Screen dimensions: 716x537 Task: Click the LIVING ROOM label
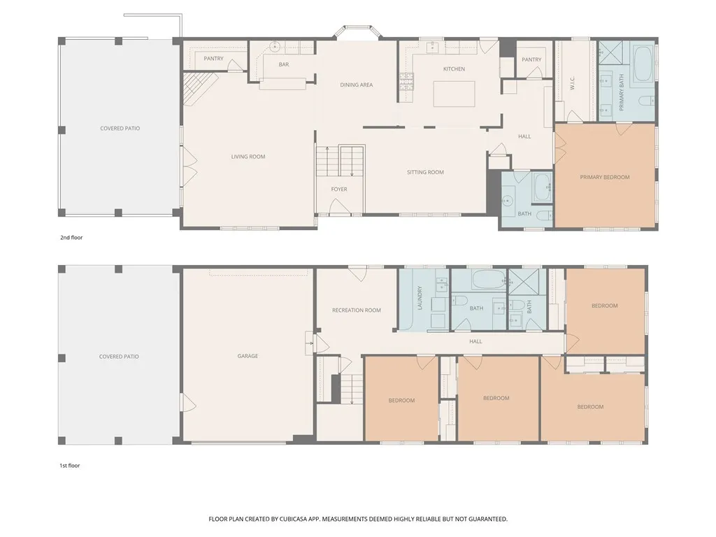tap(248, 157)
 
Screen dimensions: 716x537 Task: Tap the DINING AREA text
tap(356, 85)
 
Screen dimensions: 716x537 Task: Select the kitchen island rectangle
tap(454, 94)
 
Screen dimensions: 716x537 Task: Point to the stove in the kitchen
tap(406, 81)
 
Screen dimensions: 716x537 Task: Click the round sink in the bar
tap(274, 45)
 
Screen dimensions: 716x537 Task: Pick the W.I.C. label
tap(572, 83)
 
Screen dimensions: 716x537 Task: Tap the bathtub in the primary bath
tap(643, 63)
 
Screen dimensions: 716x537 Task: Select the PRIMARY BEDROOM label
tap(605, 177)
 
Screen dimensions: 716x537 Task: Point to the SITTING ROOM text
tap(425, 172)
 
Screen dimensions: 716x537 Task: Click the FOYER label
tap(339, 189)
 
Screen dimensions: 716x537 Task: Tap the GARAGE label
tap(248, 356)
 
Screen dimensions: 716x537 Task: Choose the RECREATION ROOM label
tap(356, 310)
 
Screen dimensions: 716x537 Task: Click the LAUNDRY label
tap(420, 298)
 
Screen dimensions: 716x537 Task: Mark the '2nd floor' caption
tap(71, 238)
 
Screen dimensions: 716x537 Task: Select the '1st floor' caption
tap(69, 466)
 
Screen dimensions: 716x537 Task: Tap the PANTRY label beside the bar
tap(213, 59)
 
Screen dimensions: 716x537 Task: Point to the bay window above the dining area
tap(357, 32)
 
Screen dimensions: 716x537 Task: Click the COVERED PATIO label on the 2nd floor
tap(120, 129)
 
